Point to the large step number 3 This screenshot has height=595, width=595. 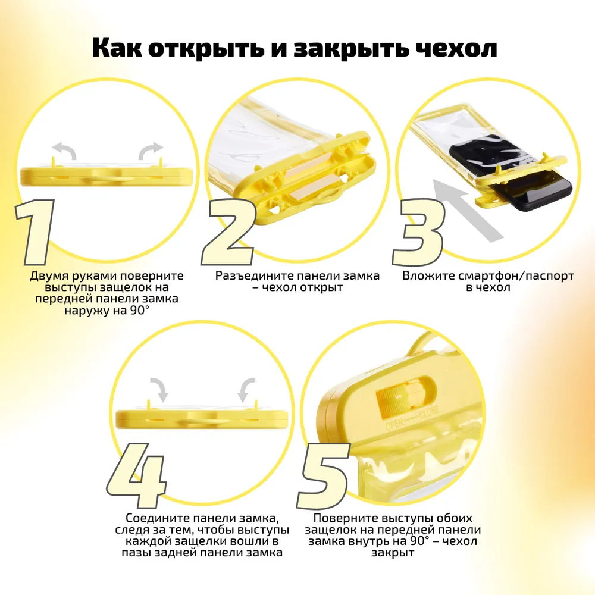click(418, 232)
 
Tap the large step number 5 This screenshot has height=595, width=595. click(324, 476)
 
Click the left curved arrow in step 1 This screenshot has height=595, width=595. click(64, 151)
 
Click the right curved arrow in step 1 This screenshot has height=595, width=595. click(151, 151)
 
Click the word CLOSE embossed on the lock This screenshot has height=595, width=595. click(429, 411)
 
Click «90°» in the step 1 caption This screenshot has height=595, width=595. click(139, 311)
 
